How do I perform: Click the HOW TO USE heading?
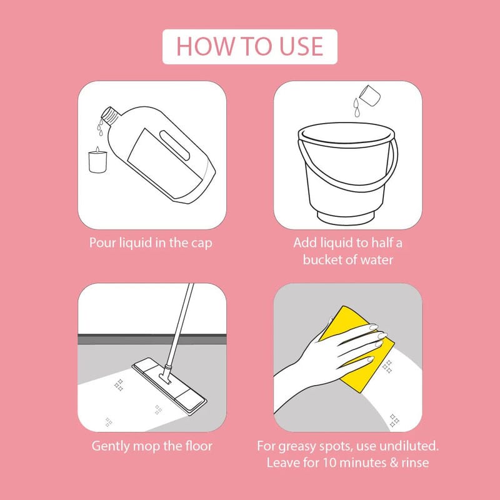(x=249, y=46)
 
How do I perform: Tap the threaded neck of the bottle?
(x=110, y=115)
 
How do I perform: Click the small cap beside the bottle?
(x=97, y=162)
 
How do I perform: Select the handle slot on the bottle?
(x=175, y=145)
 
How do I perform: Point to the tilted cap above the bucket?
(x=369, y=96)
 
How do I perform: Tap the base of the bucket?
(x=346, y=217)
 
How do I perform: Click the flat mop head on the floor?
(x=169, y=386)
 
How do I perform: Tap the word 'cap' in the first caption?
(x=201, y=244)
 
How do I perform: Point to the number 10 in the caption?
(x=330, y=462)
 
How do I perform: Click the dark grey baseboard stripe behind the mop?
(x=152, y=339)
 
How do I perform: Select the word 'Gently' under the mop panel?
(x=111, y=446)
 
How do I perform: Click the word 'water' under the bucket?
(x=377, y=260)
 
